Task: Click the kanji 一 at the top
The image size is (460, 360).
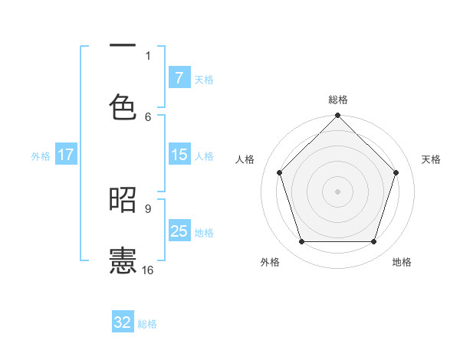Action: pyautogui.click(x=123, y=47)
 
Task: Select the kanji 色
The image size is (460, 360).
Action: pyautogui.click(x=123, y=106)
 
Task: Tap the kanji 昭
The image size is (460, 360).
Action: pyautogui.click(x=123, y=200)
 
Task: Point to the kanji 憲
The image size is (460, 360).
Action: pyautogui.click(x=123, y=260)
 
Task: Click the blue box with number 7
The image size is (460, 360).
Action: pyautogui.click(x=179, y=77)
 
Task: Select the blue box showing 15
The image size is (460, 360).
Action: pyautogui.click(x=179, y=155)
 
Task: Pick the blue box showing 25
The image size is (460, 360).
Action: pyautogui.click(x=179, y=231)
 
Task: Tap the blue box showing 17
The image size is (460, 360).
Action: pyautogui.click(x=66, y=155)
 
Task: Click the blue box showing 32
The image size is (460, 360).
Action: pyautogui.click(x=123, y=322)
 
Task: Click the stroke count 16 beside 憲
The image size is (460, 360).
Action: pyautogui.click(x=148, y=270)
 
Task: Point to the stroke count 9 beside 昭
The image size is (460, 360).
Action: pyautogui.click(x=148, y=208)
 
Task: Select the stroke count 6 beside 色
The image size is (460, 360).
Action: pyautogui.click(x=148, y=116)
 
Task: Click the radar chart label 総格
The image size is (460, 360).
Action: pyautogui.click(x=338, y=100)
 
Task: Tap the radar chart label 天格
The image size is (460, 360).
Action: pyautogui.click(x=432, y=159)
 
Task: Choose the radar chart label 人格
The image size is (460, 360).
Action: pyautogui.click(x=245, y=159)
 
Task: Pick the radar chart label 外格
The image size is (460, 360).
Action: pyautogui.click(x=270, y=262)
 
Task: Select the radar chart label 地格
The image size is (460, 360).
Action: pyautogui.click(x=402, y=262)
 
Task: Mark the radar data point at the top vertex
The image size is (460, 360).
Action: pyautogui.click(x=338, y=116)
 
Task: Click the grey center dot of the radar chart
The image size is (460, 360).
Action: pyautogui.click(x=338, y=191)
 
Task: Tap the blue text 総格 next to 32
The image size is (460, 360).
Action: pyautogui.click(x=147, y=324)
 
